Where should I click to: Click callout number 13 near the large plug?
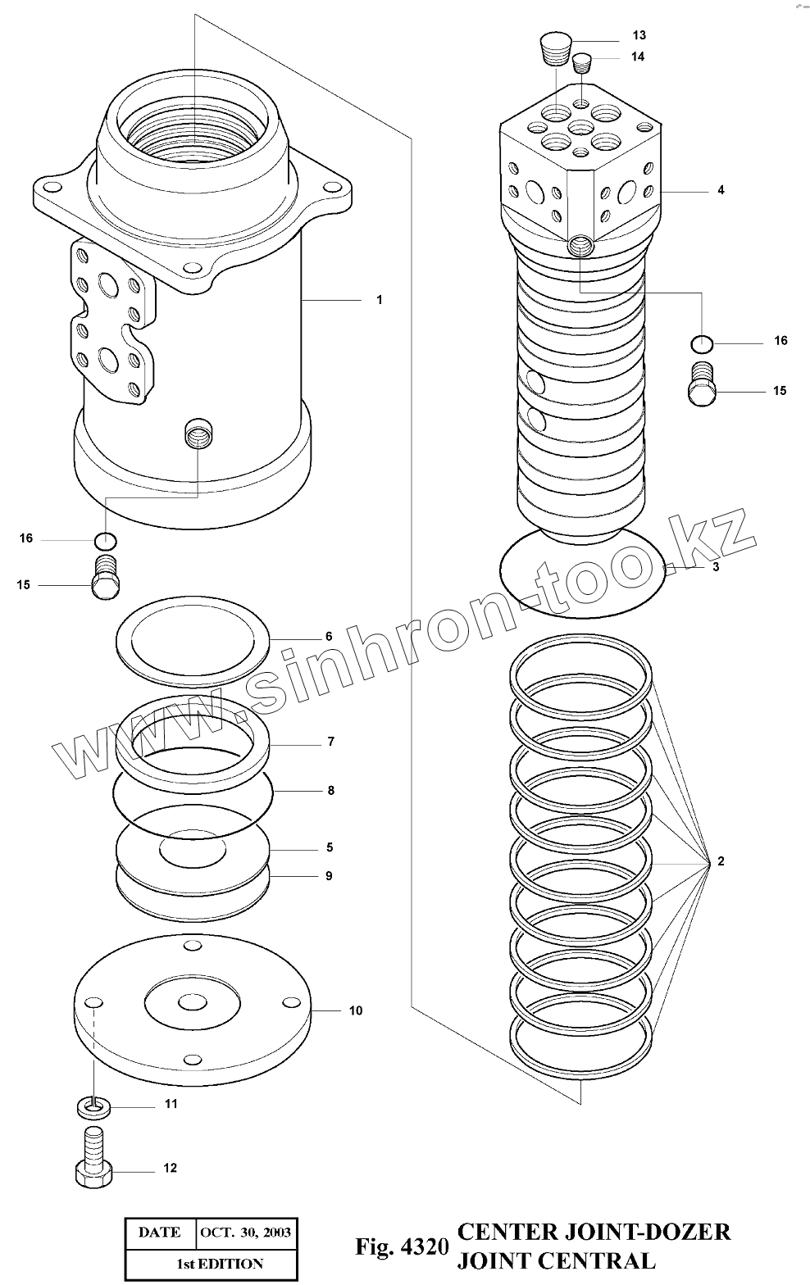[x=639, y=35]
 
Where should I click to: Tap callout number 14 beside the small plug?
[x=638, y=57]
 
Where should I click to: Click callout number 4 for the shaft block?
[x=721, y=190]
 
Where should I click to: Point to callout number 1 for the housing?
[x=379, y=300]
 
